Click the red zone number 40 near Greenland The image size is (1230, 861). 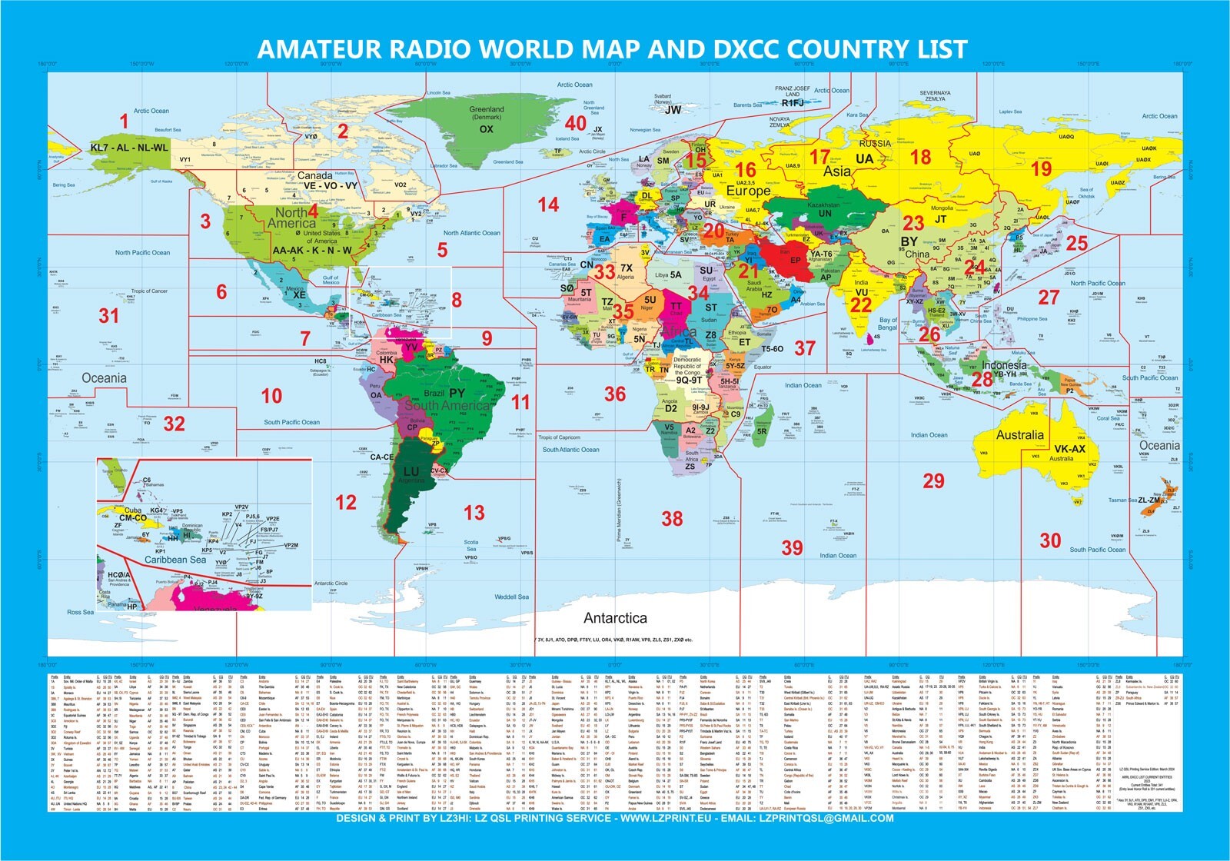[x=576, y=123]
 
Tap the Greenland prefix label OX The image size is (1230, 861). [x=486, y=129]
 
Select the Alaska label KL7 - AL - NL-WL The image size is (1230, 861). [x=128, y=148]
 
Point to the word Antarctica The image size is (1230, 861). [x=615, y=618]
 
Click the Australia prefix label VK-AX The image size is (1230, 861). [x=1069, y=449]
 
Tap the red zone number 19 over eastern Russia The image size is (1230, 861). [x=1042, y=169]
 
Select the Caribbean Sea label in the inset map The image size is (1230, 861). [x=175, y=560]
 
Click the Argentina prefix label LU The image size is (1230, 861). [x=411, y=471]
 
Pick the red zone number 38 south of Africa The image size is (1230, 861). [x=672, y=519]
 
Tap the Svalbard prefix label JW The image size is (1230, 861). [x=673, y=110]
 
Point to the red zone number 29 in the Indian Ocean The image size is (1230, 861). [x=933, y=481]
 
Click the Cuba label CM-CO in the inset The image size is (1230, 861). [x=133, y=518]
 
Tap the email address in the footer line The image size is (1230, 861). [x=826, y=818]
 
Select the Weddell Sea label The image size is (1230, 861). [x=511, y=597]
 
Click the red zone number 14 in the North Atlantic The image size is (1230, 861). [x=548, y=204]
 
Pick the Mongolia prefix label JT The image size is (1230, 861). [x=940, y=219]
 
